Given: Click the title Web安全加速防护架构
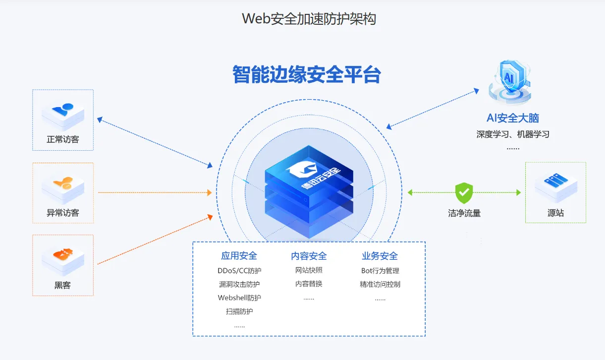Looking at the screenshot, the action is click(309, 19).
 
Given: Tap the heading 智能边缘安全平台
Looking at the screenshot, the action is click(307, 74).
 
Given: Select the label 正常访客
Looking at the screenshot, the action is click(62, 139).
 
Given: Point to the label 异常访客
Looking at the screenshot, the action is click(62, 213).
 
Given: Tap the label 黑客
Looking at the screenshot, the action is click(62, 285).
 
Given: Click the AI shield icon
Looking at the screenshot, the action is click(510, 82).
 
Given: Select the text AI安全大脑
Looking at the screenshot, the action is click(513, 118).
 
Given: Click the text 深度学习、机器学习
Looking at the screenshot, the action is click(513, 134).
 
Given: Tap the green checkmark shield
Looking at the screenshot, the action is click(464, 193).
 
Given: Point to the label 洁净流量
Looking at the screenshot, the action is click(464, 213).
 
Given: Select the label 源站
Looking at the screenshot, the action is click(555, 213).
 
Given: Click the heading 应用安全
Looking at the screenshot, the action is click(239, 256).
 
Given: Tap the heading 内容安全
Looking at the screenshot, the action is click(309, 256).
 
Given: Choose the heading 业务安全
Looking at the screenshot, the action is click(380, 256).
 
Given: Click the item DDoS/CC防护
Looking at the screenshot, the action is click(239, 271).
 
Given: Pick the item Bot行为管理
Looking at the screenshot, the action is click(380, 271).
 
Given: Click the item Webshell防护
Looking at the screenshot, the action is click(239, 298).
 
